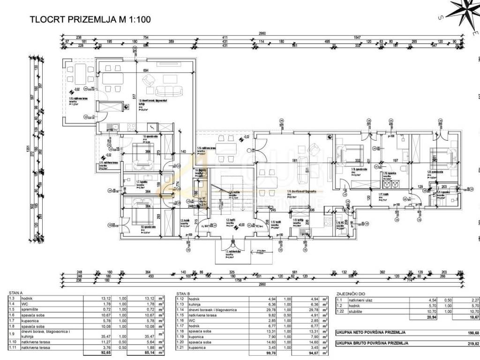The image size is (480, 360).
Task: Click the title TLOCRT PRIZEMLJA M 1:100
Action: coord(90,20)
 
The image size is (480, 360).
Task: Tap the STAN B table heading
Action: coord(183,293)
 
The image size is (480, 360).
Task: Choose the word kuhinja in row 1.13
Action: coord(195,304)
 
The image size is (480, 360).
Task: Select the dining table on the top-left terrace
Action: coord(79,73)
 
